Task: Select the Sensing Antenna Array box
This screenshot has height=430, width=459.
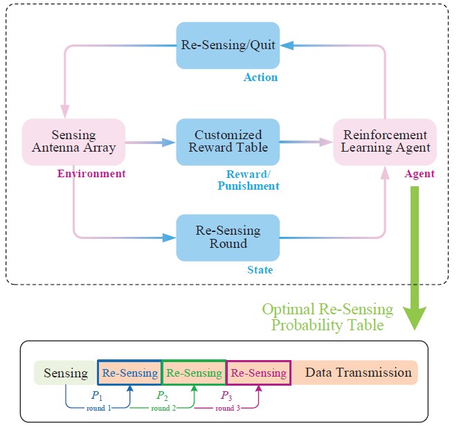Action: [73, 141]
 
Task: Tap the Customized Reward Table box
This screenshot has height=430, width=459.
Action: [227, 141]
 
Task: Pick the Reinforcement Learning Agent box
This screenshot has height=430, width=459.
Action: [385, 141]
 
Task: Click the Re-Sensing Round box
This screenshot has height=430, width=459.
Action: [227, 238]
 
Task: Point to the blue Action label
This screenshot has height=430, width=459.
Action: [260, 78]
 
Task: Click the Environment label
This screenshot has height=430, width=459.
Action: [91, 174]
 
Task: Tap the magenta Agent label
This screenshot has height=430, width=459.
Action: [419, 174]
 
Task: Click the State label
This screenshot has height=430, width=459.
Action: [260, 270]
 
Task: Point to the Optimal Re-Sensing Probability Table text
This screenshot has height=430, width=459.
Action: [327, 316]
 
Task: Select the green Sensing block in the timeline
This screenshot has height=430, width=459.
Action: [66, 373]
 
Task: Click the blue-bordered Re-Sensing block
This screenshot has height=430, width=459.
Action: [129, 373]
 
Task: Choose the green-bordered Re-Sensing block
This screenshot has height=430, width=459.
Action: [194, 373]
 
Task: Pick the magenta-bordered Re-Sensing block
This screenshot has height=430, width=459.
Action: [258, 373]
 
